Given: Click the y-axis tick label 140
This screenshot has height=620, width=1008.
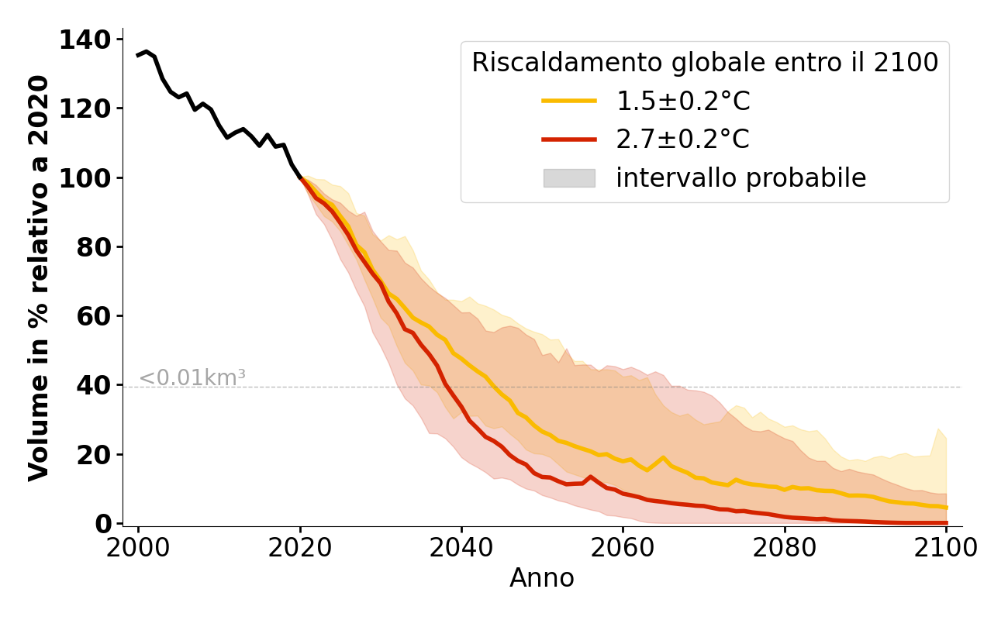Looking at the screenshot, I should (x=85, y=40).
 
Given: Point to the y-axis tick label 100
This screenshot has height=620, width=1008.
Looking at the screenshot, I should (x=85, y=178).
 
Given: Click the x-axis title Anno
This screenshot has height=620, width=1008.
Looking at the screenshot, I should (x=542, y=578).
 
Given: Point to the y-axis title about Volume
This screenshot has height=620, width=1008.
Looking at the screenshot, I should (x=39, y=277).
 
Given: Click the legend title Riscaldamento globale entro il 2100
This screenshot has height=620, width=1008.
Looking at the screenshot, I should (x=705, y=63).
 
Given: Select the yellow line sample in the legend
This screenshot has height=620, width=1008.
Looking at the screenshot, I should (x=569, y=101).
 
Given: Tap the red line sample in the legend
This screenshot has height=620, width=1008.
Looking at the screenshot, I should (x=569, y=139).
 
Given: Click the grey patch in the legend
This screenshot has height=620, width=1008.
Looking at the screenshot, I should (x=569, y=178).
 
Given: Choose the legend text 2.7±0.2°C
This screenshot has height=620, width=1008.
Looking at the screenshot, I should (x=682, y=139).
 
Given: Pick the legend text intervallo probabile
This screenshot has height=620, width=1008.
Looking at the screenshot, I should (x=740, y=178).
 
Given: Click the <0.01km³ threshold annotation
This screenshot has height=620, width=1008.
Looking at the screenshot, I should (x=192, y=378).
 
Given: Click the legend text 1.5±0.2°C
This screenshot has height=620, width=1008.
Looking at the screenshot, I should (x=682, y=101).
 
